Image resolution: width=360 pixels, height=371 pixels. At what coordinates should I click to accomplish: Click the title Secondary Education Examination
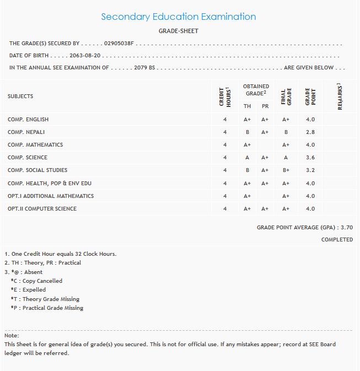[x=179, y=17]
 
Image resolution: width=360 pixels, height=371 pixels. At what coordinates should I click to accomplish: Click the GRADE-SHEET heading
[x=178, y=31]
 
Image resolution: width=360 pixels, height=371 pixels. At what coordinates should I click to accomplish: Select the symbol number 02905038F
[x=119, y=43]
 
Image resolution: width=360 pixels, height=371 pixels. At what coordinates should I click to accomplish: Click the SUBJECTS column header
[x=20, y=96]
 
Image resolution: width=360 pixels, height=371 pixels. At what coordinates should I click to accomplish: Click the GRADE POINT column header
[x=310, y=96]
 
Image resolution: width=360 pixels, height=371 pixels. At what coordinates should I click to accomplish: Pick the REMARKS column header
[x=340, y=96]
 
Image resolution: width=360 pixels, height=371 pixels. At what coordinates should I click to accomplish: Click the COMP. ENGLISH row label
[x=28, y=120]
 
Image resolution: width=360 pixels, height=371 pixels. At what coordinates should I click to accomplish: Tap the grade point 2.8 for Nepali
[x=310, y=132]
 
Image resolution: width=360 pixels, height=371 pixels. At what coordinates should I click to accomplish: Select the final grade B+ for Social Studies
[x=286, y=170]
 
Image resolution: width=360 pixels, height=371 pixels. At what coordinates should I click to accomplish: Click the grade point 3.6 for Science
[x=310, y=158]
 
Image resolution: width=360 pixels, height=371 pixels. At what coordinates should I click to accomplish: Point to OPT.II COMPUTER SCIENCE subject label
[x=42, y=209]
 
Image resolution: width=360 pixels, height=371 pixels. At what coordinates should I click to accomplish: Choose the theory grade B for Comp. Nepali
[x=248, y=132]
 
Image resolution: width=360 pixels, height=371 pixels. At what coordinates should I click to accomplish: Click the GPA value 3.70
[x=347, y=227]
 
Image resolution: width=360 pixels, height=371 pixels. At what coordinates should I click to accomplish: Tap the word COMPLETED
[x=337, y=240]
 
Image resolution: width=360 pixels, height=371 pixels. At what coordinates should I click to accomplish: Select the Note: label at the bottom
[x=12, y=336]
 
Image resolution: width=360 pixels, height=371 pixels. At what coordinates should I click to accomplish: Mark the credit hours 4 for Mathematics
[x=225, y=145]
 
